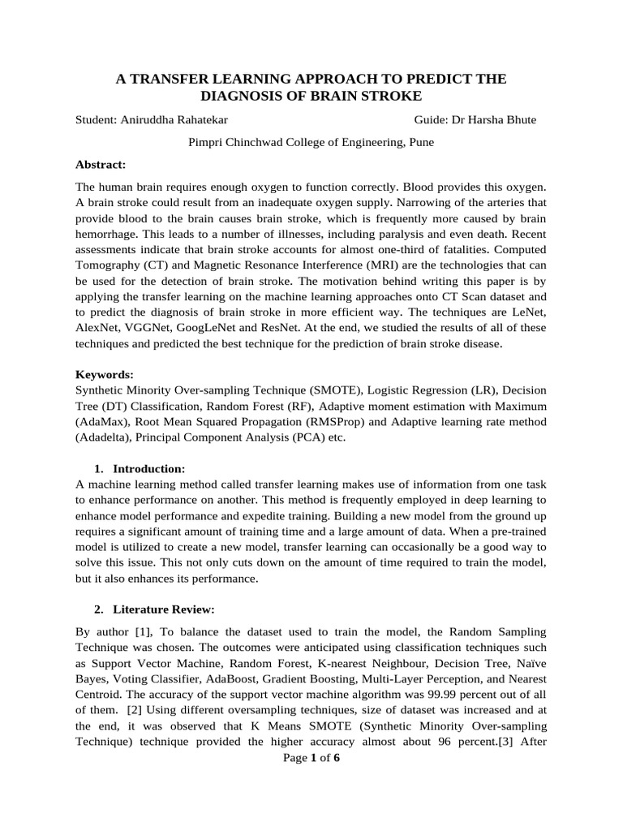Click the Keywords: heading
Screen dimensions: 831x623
click(104, 375)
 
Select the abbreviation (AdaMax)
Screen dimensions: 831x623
click(105, 422)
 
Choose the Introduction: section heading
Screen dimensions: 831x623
click(149, 468)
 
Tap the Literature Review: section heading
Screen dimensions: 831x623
click(163, 609)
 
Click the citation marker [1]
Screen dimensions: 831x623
click(132, 631)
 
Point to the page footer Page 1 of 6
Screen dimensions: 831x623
click(311, 758)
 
